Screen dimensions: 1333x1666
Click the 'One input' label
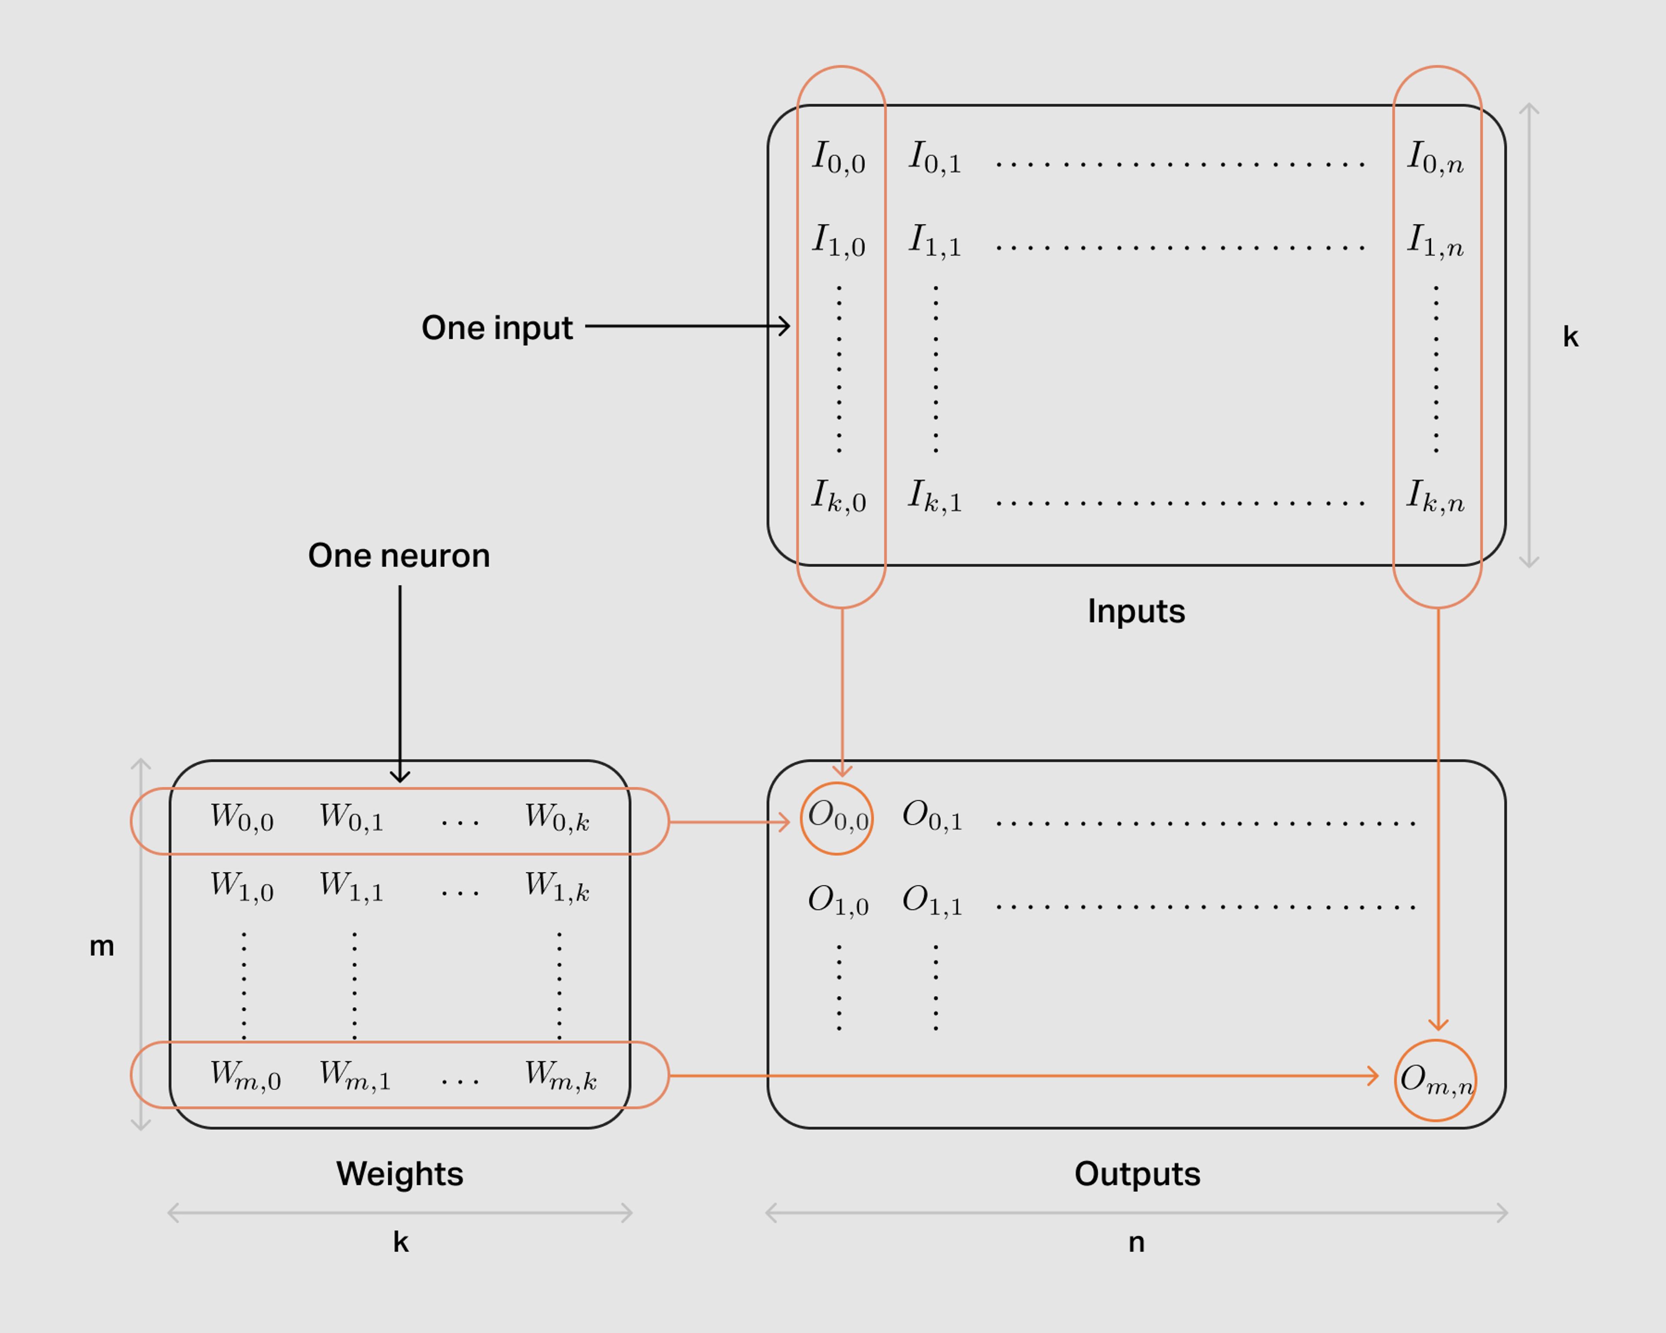(497, 328)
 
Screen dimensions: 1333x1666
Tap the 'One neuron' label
(399, 555)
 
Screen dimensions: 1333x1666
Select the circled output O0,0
(837, 818)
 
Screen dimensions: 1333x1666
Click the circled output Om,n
(1436, 1080)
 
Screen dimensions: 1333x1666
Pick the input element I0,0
(838, 158)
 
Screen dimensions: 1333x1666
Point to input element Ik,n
(1435, 497)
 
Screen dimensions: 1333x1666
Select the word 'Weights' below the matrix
(400, 1174)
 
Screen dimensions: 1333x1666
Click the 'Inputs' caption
(1136, 611)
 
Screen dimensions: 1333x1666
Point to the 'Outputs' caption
(1137, 1174)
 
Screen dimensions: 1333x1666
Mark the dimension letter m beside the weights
(102, 946)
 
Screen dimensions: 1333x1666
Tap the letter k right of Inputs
(1570, 336)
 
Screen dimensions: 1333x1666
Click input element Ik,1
(935, 497)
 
